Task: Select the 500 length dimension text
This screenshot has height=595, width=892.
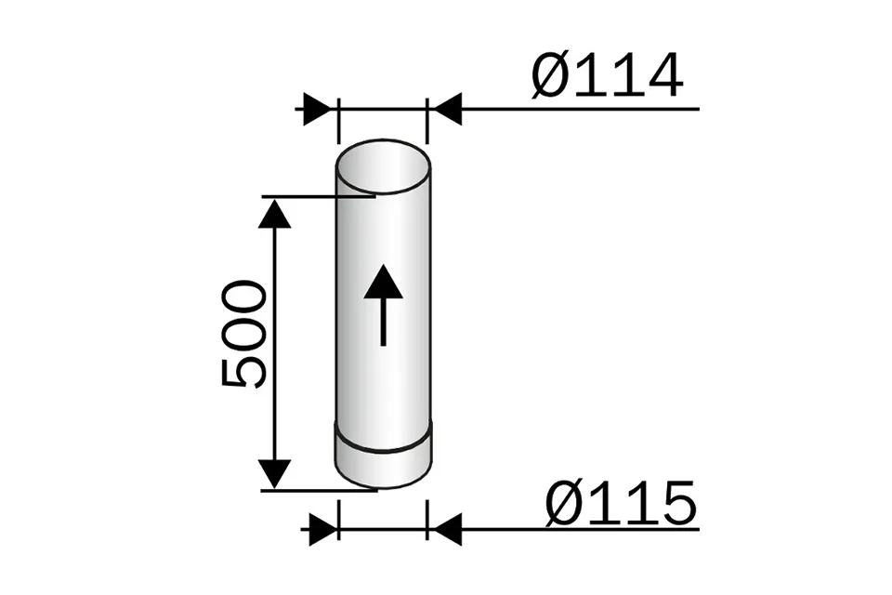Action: (244, 333)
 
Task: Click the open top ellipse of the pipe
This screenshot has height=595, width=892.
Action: (383, 167)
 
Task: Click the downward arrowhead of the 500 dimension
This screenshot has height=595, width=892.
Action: (274, 473)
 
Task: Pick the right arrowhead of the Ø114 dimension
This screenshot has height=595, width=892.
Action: (447, 110)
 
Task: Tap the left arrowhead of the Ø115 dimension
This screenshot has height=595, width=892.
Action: (321, 530)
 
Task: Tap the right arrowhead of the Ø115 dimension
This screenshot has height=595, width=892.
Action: (447, 530)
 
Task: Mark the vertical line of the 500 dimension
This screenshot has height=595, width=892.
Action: (274, 344)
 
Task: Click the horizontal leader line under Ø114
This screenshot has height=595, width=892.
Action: (576, 110)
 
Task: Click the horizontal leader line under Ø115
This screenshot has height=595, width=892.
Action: (576, 530)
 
